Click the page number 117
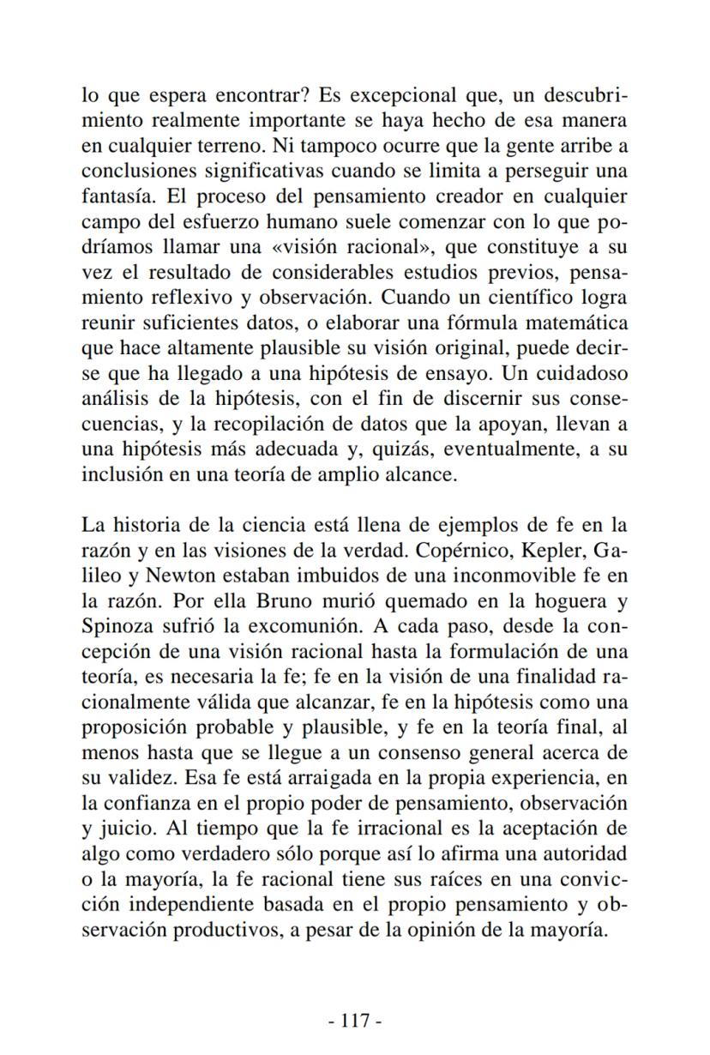[354, 1020]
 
